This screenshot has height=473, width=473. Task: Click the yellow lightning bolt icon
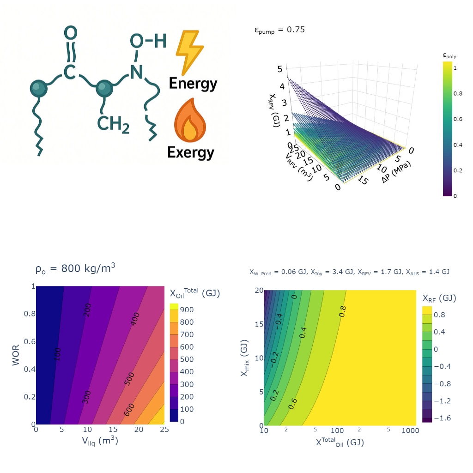(189, 52)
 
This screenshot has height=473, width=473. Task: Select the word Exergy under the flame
(191, 152)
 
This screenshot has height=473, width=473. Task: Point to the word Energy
(193, 84)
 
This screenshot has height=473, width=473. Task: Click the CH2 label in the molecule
(113, 124)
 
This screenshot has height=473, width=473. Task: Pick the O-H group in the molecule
(147, 42)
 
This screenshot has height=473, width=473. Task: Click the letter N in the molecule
(136, 72)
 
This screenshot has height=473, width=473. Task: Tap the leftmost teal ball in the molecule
(38, 88)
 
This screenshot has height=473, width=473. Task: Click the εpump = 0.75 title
(279, 30)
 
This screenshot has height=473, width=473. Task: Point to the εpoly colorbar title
(449, 56)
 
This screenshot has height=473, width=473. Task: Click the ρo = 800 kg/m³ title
(75, 268)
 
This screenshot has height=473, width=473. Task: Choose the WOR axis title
(17, 355)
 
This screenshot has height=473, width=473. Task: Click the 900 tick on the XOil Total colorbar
(190, 309)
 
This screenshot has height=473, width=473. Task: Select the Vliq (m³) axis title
(100, 441)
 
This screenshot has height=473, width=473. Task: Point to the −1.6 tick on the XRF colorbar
(443, 418)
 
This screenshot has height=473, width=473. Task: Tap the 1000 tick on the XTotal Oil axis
(410, 431)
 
